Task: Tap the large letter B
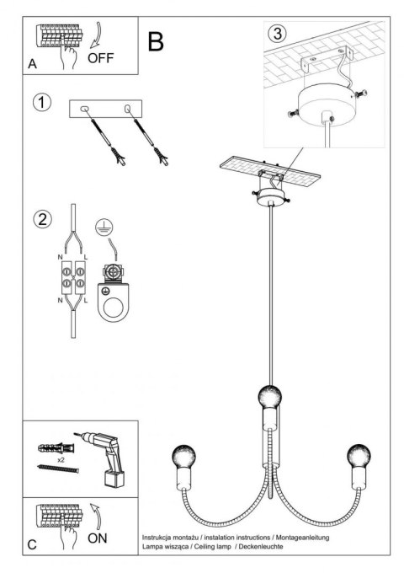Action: [155, 40]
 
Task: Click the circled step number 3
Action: [276, 34]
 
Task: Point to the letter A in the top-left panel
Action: [32, 64]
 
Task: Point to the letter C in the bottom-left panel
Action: [31, 544]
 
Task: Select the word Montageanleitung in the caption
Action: [303, 537]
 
